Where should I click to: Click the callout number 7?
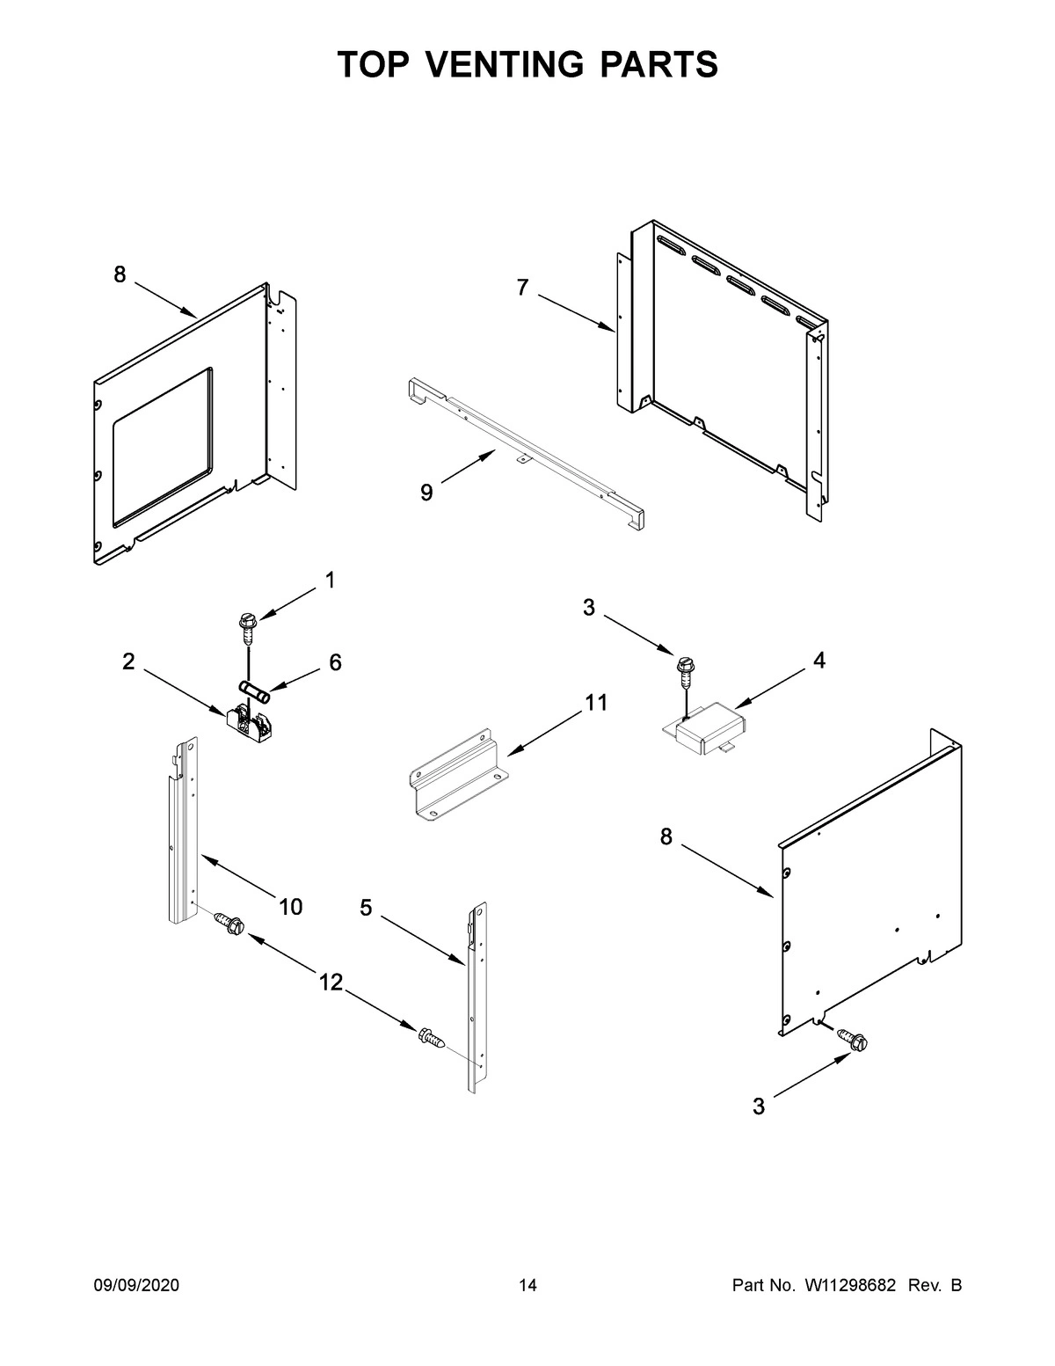pyautogui.click(x=522, y=288)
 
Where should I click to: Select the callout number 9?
pyautogui.click(x=426, y=493)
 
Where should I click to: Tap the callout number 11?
pyautogui.click(x=596, y=703)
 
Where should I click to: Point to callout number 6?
pyautogui.click(x=335, y=662)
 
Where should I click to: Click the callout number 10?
pyautogui.click(x=291, y=906)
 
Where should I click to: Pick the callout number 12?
pyautogui.click(x=331, y=982)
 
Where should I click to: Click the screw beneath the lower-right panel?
pyautogui.click(x=853, y=1039)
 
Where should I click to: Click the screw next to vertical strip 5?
pyautogui.click(x=433, y=1038)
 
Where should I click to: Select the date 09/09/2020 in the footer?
pyautogui.click(x=136, y=1286)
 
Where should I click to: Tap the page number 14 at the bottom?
pyautogui.click(x=527, y=1286)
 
